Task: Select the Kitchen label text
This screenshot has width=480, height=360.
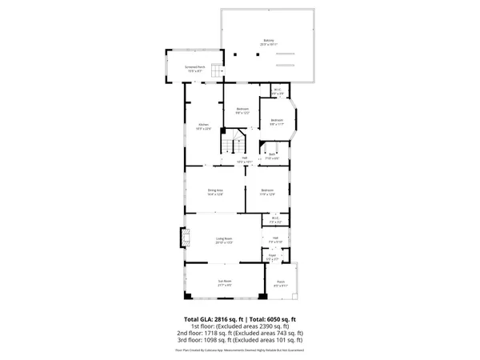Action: coord(203,125)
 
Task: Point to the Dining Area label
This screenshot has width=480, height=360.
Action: coord(214,190)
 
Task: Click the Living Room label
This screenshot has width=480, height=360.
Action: coord(222,239)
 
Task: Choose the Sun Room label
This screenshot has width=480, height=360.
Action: coord(225,282)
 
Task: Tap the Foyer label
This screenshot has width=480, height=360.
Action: coord(273,257)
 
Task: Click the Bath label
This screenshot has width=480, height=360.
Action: coord(272,155)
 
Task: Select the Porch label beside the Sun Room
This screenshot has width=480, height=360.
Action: coord(281,282)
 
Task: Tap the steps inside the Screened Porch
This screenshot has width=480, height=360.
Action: coord(215,74)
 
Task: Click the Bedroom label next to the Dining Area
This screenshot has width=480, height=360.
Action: coord(266,190)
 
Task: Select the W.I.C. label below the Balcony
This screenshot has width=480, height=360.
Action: coord(278,90)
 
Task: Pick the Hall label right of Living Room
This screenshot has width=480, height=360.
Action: coord(274,238)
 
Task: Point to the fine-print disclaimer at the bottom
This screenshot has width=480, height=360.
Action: coord(239,350)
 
